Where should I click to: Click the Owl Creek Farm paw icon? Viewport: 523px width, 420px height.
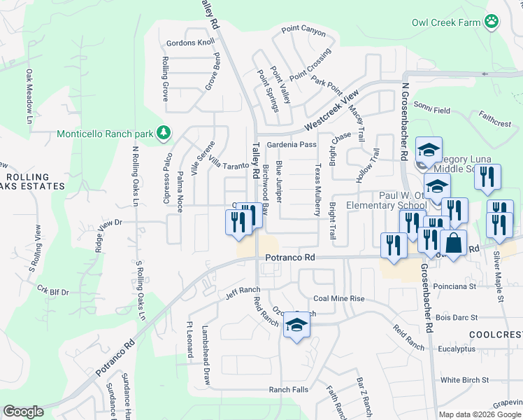(x=493, y=22)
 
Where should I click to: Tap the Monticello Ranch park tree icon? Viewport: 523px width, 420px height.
(x=164, y=132)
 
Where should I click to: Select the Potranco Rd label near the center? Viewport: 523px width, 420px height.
(x=290, y=258)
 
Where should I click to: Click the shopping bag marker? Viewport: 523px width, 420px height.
(x=453, y=244)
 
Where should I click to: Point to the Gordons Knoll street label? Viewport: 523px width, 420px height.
(x=190, y=43)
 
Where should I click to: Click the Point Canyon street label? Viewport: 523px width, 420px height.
(x=303, y=30)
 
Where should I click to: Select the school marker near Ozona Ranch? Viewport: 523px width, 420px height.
(x=296, y=325)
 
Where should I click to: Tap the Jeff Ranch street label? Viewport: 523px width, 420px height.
(x=243, y=290)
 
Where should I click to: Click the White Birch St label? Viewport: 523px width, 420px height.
(x=464, y=380)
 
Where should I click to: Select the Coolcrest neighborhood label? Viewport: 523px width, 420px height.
(x=496, y=335)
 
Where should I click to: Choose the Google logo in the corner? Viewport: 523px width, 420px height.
(x=23, y=412)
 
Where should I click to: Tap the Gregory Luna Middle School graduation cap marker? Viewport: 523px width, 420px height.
(x=429, y=149)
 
